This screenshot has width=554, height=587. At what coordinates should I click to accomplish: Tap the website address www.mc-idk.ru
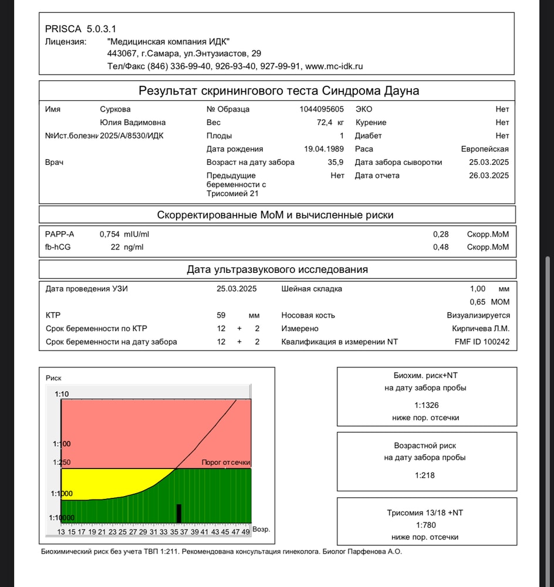point(334,66)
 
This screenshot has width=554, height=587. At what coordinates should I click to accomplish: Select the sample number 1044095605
point(322,109)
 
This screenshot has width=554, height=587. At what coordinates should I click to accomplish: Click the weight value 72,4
point(325,123)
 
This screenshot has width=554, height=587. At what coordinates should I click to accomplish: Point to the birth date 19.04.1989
point(324,149)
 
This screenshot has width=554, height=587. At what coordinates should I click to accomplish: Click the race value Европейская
point(485,149)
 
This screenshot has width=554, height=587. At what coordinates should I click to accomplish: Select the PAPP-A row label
point(60,234)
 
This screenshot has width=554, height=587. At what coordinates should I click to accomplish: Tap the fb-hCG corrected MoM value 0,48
point(441,247)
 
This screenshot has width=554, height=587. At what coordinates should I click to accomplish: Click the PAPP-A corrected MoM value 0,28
point(441,234)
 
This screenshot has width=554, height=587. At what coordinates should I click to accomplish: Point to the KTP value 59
point(221,315)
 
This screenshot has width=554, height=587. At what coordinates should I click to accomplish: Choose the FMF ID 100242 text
point(482,342)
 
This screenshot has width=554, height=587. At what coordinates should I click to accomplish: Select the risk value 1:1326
point(426,405)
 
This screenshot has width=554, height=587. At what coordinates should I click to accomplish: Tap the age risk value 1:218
point(426,475)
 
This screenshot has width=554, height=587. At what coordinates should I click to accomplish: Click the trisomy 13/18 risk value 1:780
point(426,525)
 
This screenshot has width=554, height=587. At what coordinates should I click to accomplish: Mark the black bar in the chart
point(179,513)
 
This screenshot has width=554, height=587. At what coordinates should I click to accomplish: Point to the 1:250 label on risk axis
point(62,463)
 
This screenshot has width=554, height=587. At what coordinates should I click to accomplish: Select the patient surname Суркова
point(115,109)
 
